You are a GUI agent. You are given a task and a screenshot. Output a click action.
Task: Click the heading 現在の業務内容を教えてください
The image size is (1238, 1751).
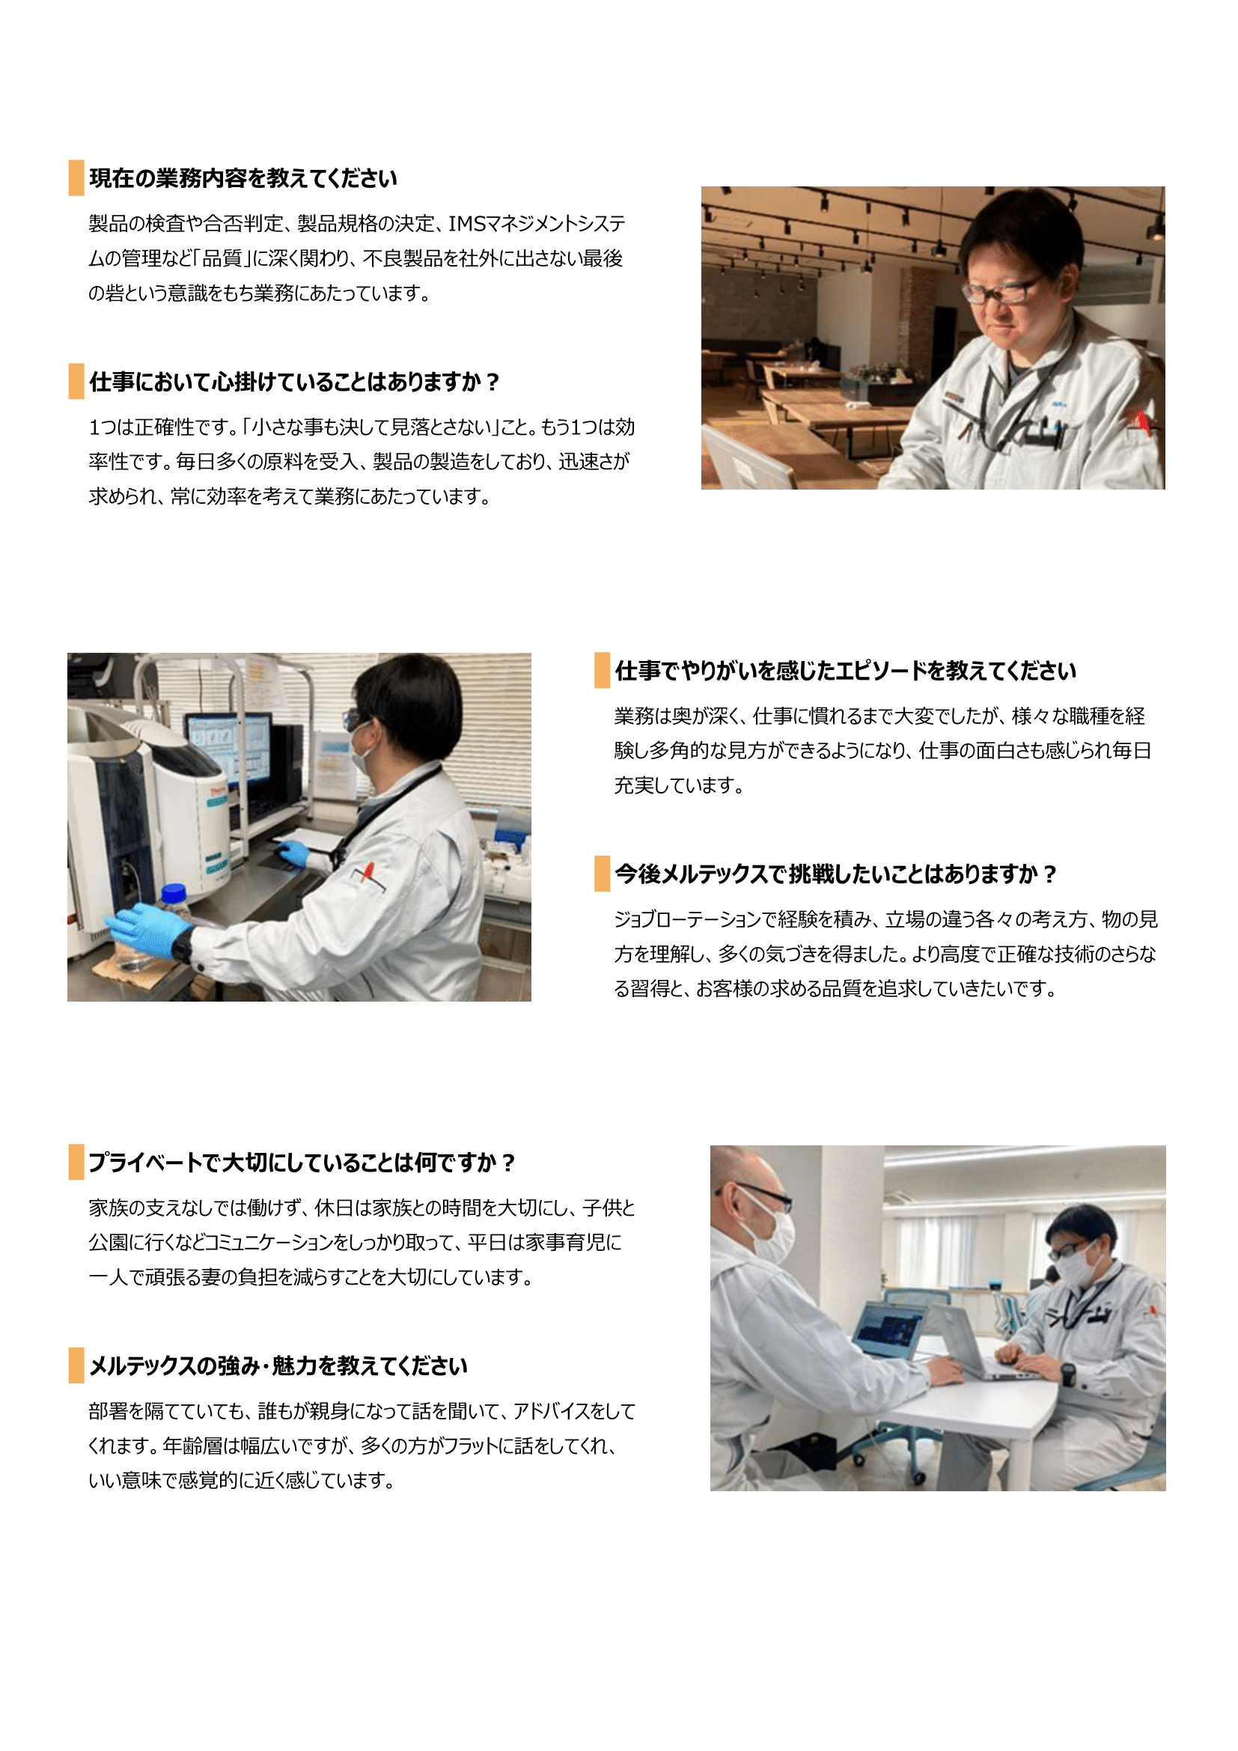tap(243, 178)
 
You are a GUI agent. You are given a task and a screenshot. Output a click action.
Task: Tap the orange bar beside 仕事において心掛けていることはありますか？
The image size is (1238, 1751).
tap(76, 381)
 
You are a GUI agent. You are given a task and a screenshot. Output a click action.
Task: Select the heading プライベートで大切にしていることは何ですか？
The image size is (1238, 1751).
tap(302, 1163)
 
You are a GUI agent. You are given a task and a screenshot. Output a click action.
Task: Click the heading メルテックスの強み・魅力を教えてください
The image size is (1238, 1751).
tap(278, 1366)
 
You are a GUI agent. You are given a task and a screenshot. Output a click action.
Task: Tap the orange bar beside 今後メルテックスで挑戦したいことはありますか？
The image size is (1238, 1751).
tap(603, 873)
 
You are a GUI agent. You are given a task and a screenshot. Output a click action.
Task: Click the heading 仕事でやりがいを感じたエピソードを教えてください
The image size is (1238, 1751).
tap(845, 671)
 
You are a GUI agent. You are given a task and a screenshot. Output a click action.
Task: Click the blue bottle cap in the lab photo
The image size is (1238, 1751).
tap(174, 892)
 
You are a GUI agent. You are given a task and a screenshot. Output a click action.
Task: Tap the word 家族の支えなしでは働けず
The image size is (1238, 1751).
tap(199, 1208)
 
